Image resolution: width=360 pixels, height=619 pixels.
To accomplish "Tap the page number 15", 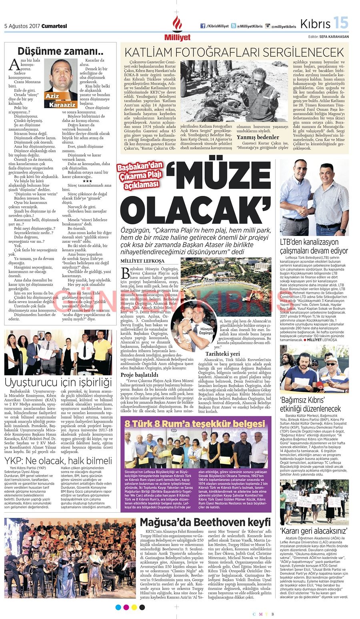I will [x=341, y=23].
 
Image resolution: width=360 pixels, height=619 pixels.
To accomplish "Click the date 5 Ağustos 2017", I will [x=22, y=26].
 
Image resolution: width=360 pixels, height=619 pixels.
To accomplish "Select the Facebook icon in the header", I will [x=203, y=26].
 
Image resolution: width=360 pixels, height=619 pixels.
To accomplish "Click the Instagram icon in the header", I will [x=268, y=26].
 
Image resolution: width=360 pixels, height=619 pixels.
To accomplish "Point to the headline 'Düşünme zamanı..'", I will [x=60, y=51].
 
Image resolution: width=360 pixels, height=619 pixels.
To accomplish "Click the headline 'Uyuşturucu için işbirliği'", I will [x=58, y=381].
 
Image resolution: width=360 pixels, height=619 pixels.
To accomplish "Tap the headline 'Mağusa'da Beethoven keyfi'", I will [x=205, y=522].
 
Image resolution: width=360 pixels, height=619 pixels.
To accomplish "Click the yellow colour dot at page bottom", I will [x=134, y=607].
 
